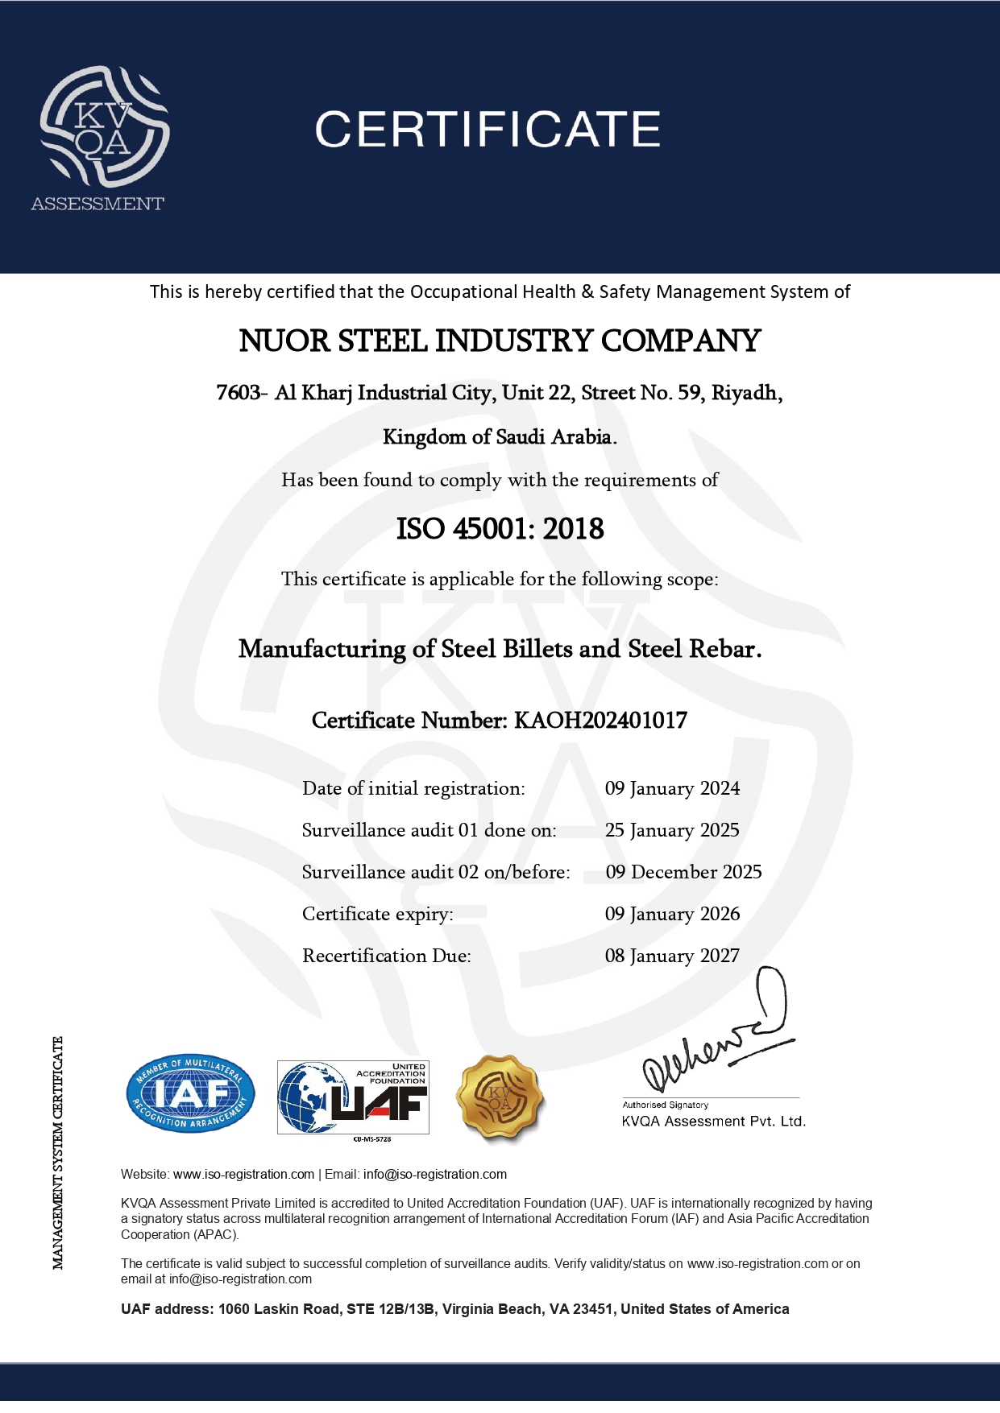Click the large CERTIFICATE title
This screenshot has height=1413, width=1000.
click(487, 130)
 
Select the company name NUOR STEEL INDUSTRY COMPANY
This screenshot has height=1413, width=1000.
click(500, 341)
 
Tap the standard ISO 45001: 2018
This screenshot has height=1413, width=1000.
click(500, 529)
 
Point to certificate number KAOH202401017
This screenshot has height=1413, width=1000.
click(600, 721)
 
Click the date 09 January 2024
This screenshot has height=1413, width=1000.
click(672, 788)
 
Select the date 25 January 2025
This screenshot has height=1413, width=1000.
click(672, 830)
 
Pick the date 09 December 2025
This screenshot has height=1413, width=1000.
click(683, 872)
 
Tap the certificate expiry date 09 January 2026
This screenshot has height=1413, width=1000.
click(672, 914)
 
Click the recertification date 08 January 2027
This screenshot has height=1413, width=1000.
click(672, 956)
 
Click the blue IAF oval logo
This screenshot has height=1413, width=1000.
click(191, 1093)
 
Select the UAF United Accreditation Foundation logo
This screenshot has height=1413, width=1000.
click(353, 1097)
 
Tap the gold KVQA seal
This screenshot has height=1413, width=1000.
click(500, 1098)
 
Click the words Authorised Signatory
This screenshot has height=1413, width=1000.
click(665, 1105)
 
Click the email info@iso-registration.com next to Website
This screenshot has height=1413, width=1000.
click(435, 1175)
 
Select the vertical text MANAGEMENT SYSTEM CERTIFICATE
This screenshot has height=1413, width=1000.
click(58, 1153)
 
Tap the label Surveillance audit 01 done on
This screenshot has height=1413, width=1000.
click(429, 830)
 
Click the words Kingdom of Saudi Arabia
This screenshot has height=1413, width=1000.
click(500, 437)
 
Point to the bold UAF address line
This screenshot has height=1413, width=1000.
click(454, 1309)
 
